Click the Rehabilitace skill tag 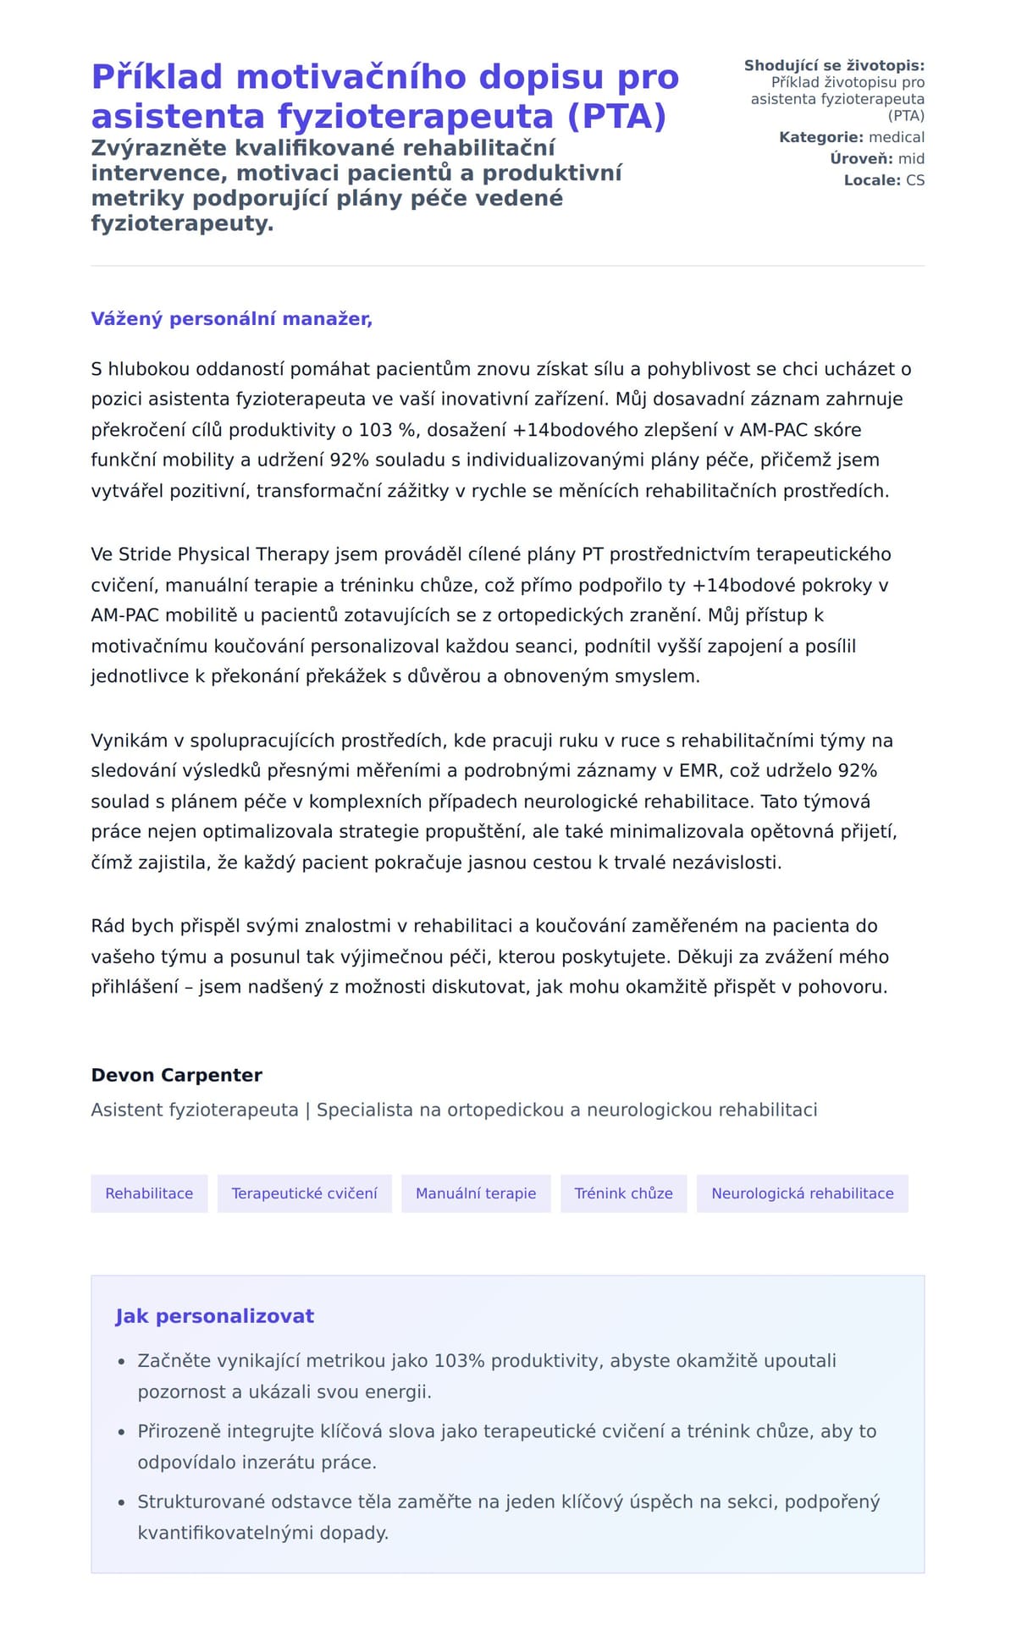point(149,1193)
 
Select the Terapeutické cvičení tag point(304,1193)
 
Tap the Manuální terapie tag point(476,1193)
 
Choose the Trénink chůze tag point(623,1193)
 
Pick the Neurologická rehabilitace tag point(802,1193)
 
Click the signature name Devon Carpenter point(176,1075)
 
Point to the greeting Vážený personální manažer point(231,319)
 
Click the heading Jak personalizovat point(214,1316)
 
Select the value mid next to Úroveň point(911,159)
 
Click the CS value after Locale point(914,180)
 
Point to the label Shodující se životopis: point(834,65)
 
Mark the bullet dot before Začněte point(121,1362)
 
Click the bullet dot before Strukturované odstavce point(121,1502)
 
